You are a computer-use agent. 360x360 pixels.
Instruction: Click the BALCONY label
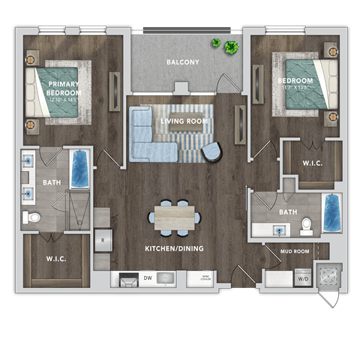pos(183,62)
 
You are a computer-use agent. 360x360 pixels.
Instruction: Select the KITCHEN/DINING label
pos(174,248)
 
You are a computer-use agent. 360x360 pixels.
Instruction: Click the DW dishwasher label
pos(148,278)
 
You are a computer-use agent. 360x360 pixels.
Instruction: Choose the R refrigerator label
pos(103,241)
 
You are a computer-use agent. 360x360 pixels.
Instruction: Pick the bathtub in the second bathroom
pos(330,214)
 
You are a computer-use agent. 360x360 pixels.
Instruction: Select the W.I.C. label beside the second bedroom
pos(313,161)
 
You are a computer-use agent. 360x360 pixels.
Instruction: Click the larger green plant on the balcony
pos(232,47)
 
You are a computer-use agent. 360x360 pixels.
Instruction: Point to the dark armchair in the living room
pos(212,152)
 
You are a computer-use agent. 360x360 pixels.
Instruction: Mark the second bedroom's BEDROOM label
pos(294,81)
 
